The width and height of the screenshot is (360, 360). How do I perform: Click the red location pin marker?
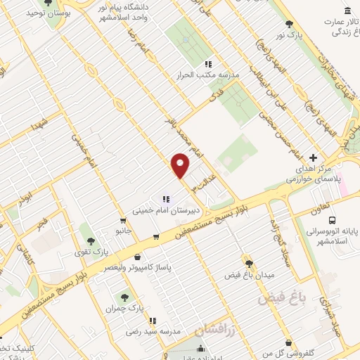[x=181, y=165]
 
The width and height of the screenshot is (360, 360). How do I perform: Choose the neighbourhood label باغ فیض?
[x=283, y=298]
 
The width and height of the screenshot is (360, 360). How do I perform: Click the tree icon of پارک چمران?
[x=125, y=297]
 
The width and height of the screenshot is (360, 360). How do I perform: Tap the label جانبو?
[x=124, y=230]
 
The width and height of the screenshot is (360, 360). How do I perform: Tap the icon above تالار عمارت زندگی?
[x=349, y=11]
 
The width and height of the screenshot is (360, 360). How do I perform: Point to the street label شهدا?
[x=40, y=125]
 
